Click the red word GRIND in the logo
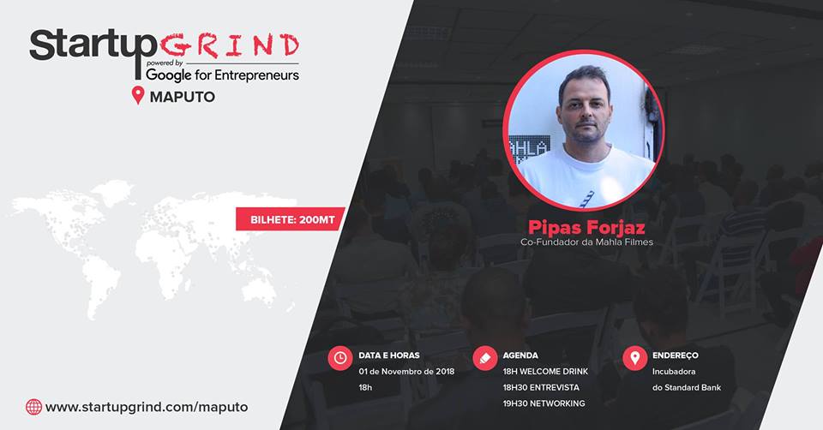pyautogui.click(x=230, y=46)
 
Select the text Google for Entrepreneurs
pyautogui.click(x=223, y=75)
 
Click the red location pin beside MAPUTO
pyautogui.click(x=137, y=95)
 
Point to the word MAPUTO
pyautogui.click(x=182, y=97)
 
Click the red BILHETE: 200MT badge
pyautogui.click(x=291, y=219)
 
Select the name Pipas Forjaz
pyautogui.click(x=586, y=228)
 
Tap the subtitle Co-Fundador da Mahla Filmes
pyautogui.click(x=586, y=242)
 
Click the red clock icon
pyautogui.click(x=340, y=358)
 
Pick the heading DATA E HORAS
pyautogui.click(x=389, y=355)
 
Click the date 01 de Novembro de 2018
pyautogui.click(x=406, y=371)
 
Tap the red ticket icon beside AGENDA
pyautogui.click(x=485, y=358)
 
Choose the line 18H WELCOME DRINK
pyautogui.click(x=545, y=371)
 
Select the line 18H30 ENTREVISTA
pyautogui.click(x=541, y=387)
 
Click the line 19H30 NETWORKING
pyautogui.click(x=544, y=403)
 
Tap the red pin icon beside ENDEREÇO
pyautogui.click(x=635, y=358)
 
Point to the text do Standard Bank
pyautogui.click(x=687, y=387)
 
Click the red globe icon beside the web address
pyautogui.click(x=33, y=407)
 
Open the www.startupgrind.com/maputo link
pyautogui.click(x=147, y=408)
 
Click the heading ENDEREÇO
pyautogui.click(x=675, y=355)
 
